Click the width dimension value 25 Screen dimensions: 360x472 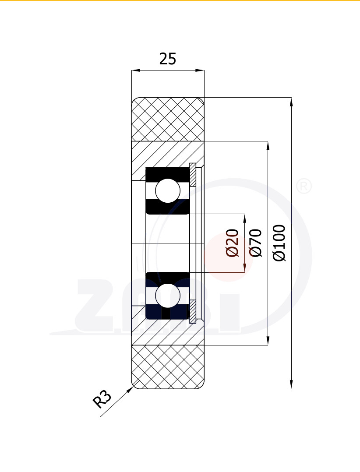pos(167,59)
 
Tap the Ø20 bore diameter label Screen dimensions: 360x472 pos(233,243)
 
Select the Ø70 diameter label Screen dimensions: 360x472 pos(256,243)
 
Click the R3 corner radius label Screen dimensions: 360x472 pos(102,399)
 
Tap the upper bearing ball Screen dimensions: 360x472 pos(168,190)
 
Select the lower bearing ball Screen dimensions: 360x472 pos(168,295)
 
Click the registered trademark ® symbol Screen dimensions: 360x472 pos(304,187)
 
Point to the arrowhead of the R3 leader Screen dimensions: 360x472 pos(130,390)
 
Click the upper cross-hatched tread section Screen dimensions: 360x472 pos(168,120)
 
